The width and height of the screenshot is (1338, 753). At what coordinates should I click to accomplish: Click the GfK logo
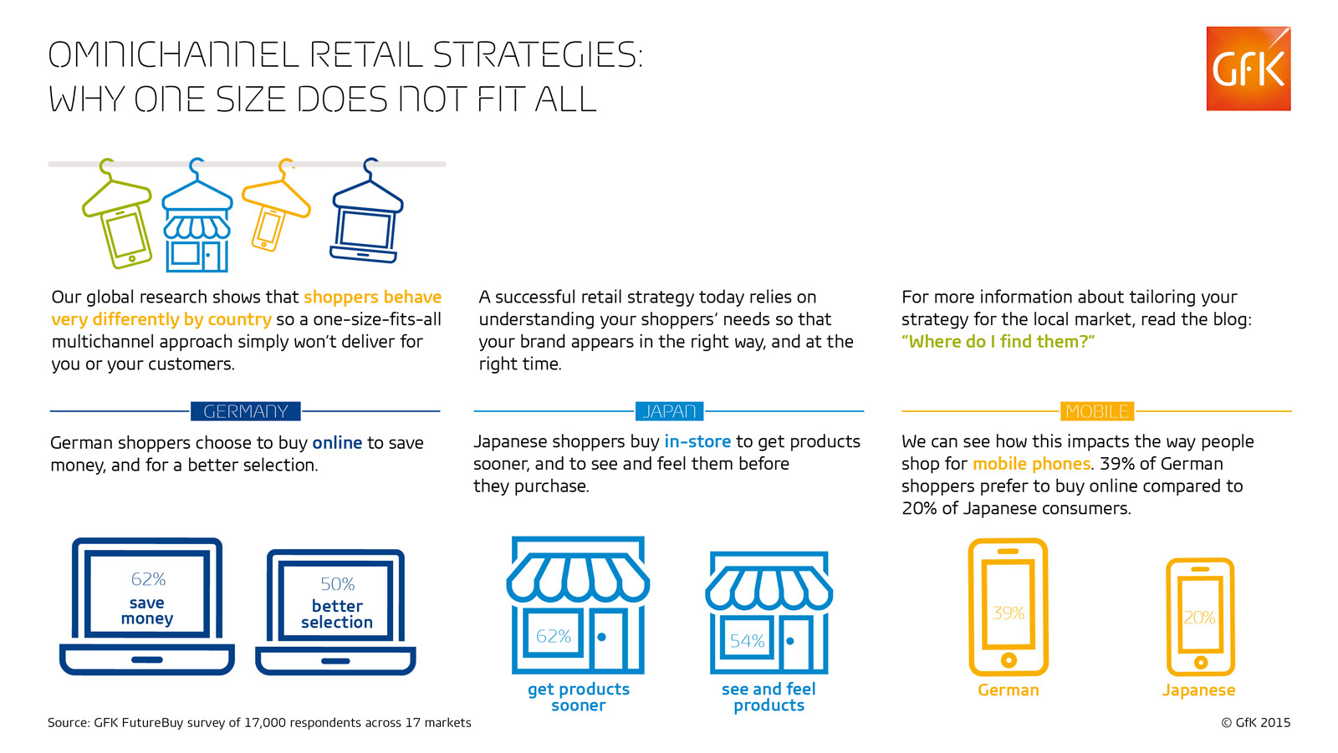[1249, 69]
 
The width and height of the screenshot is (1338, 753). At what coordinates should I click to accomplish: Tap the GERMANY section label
[246, 411]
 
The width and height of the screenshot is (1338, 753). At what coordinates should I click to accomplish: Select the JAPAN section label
[669, 411]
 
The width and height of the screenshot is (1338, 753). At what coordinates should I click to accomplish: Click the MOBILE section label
[1096, 411]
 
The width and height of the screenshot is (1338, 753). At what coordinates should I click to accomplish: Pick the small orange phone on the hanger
[267, 227]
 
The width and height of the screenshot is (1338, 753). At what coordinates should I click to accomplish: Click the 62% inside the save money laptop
[147, 579]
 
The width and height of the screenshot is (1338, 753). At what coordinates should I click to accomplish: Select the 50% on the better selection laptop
[338, 583]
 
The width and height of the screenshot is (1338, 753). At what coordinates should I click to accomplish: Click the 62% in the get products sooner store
[553, 637]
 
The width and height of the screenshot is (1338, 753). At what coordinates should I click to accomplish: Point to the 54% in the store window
[748, 641]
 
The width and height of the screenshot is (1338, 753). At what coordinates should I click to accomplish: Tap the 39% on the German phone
[1009, 613]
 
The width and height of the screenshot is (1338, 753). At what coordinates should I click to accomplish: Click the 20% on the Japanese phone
[1199, 618]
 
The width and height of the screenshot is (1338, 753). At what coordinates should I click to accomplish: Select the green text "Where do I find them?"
[998, 342]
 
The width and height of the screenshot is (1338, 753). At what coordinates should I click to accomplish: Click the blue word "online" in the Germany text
[337, 442]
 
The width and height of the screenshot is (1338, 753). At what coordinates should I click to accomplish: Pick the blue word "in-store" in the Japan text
[697, 441]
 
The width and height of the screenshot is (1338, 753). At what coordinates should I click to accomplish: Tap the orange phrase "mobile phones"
[1032, 464]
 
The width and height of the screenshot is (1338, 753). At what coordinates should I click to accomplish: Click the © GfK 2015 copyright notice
[1255, 723]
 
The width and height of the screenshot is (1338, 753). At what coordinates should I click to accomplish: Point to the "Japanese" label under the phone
[1199, 690]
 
